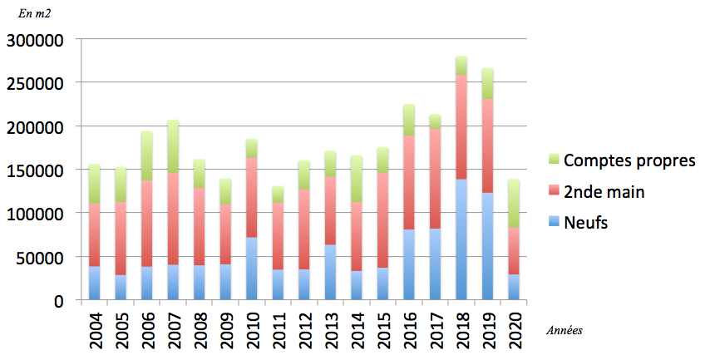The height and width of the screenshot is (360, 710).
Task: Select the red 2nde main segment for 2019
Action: [487, 146]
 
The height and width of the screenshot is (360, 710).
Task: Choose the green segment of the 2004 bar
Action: [95, 184]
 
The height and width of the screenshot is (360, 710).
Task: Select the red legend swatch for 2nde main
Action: [552, 192]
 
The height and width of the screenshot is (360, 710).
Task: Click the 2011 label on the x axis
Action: [279, 328]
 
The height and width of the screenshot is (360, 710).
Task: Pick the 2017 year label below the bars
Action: [436, 328]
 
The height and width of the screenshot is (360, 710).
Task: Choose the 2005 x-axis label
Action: [121, 328]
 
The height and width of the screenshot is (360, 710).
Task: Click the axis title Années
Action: [565, 330]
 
